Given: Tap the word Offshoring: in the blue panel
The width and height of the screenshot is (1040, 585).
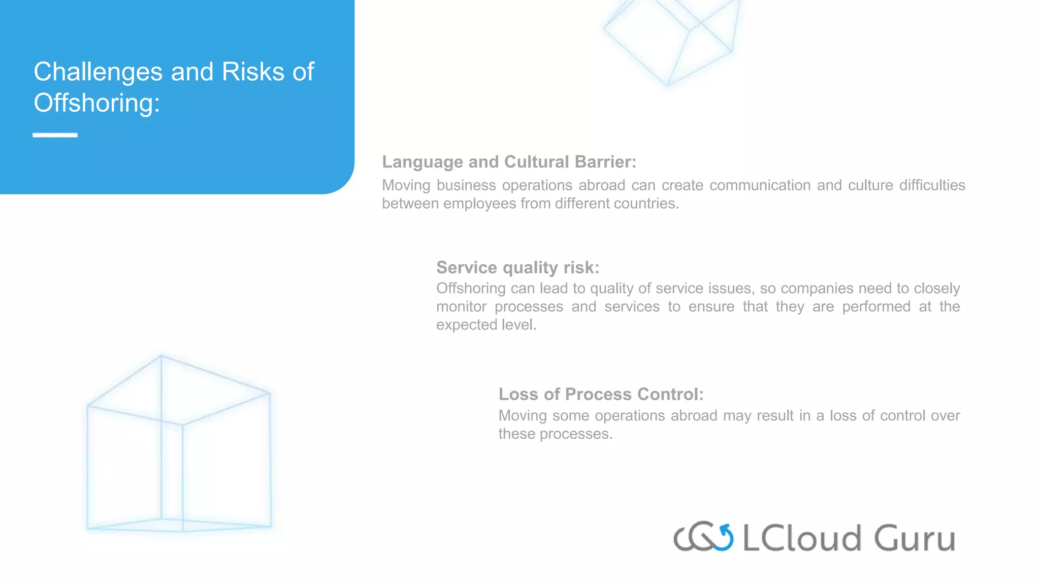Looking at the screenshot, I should point(96,103).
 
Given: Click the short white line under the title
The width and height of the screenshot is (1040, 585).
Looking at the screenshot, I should point(55,135).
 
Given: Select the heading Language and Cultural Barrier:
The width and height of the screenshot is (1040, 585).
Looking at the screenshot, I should point(509,162).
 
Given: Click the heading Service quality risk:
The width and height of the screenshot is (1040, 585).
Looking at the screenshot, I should point(517,268).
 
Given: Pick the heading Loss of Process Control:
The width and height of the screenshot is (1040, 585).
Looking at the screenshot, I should point(601,394).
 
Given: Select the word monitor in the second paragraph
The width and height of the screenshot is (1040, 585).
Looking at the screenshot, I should point(461,307).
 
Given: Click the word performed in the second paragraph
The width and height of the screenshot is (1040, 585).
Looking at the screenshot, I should point(876,307).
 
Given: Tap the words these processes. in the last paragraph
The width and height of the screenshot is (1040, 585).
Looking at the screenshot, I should point(555,434).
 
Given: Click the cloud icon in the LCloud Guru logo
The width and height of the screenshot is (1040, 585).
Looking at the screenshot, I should point(703,537).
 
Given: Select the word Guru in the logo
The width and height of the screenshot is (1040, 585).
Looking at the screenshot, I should point(915,538).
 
